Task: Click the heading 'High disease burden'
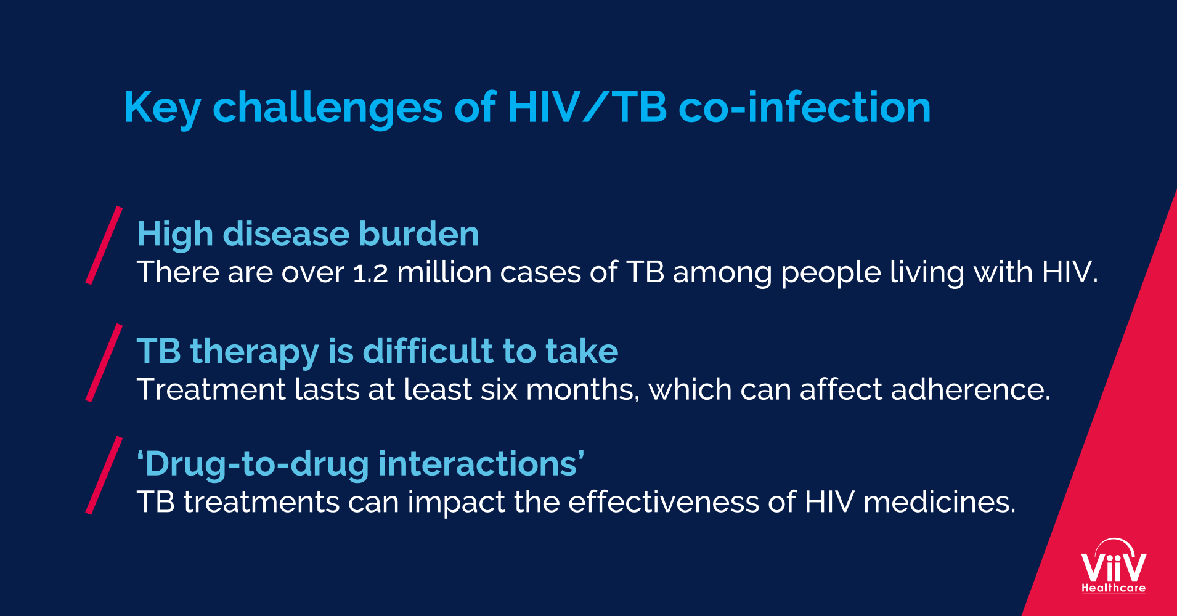[x=307, y=234]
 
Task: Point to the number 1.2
[x=370, y=272]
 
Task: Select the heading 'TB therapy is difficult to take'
[x=377, y=352]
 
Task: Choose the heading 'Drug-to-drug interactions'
[x=360, y=463]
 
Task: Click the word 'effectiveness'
[x=664, y=501]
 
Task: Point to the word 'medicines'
[x=939, y=501]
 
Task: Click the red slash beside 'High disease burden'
[x=104, y=245]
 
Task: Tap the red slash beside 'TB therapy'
[x=104, y=363]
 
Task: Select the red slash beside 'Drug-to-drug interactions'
[x=104, y=475]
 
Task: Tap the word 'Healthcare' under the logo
[x=1114, y=588]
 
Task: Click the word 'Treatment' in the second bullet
[x=211, y=389]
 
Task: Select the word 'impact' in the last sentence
[x=457, y=503]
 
